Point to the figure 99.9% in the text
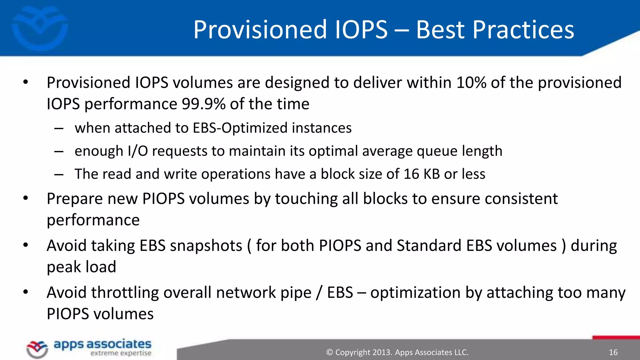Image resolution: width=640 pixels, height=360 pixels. point(203,104)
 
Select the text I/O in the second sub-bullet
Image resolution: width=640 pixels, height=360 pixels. point(137,151)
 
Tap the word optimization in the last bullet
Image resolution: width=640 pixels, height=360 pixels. point(415,293)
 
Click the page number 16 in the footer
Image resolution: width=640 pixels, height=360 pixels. point(613,352)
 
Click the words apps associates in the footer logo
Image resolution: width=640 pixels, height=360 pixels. point(102,344)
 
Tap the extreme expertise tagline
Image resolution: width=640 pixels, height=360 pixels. point(121,353)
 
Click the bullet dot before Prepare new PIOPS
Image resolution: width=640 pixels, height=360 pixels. point(26,198)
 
